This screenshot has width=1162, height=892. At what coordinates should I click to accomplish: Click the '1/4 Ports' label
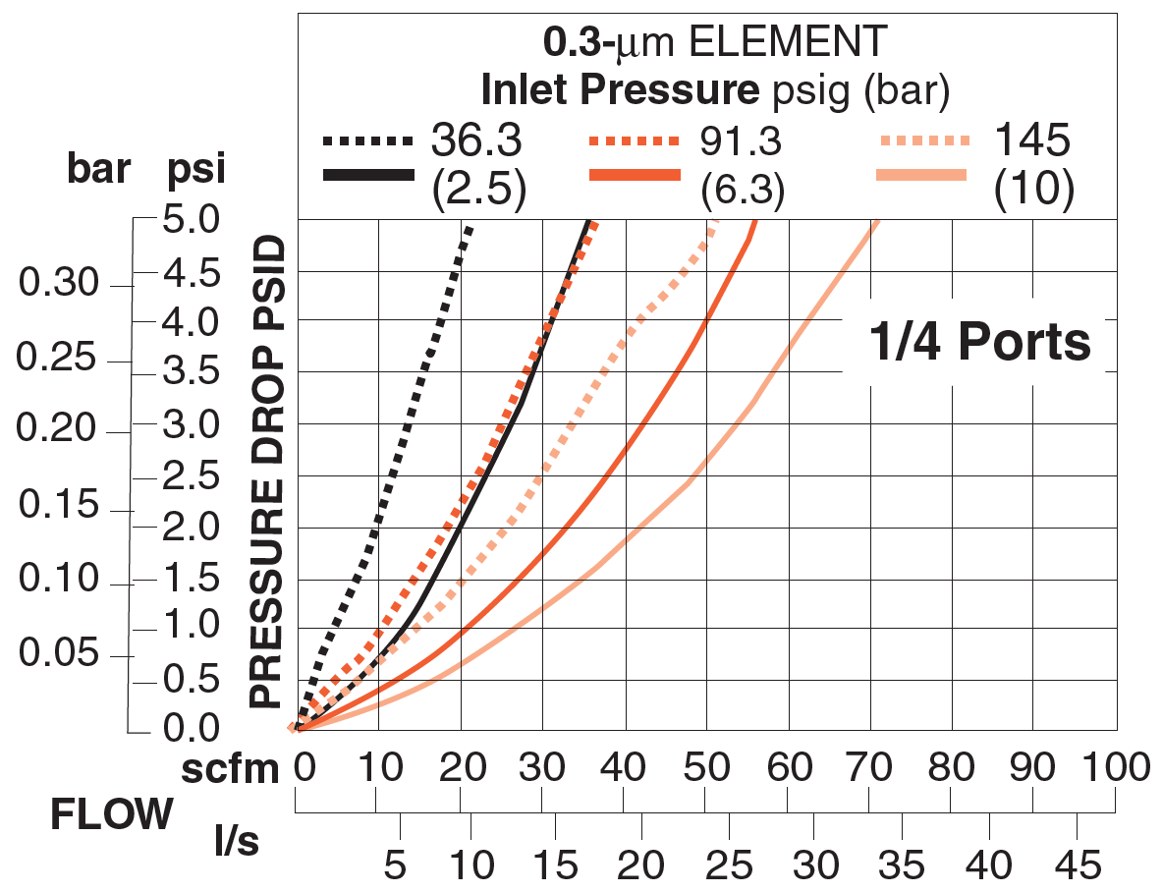click(979, 343)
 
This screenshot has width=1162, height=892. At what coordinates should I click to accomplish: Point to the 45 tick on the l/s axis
click(1078, 864)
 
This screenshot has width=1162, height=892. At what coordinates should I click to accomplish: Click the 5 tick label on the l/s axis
click(394, 864)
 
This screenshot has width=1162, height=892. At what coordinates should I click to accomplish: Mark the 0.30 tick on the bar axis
click(59, 285)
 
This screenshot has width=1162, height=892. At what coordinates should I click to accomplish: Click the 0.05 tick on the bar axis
click(59, 654)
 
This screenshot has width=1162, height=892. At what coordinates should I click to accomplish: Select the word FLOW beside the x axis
click(112, 814)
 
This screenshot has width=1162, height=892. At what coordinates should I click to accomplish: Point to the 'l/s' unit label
click(237, 840)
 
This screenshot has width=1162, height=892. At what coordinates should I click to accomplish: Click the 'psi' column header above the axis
click(196, 170)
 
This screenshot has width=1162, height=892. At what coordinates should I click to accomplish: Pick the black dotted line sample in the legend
click(367, 142)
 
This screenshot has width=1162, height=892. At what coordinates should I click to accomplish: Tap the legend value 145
click(1030, 142)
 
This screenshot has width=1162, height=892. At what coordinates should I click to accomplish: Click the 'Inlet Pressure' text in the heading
click(620, 90)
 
